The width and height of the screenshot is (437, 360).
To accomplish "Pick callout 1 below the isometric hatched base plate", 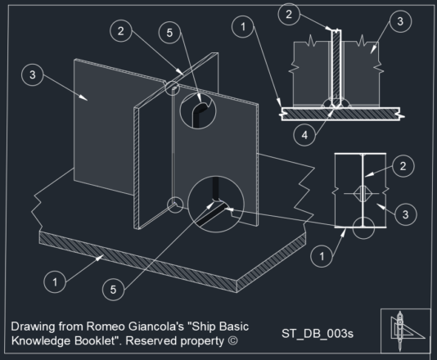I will point(54,281).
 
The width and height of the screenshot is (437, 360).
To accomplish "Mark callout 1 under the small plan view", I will point(324,256).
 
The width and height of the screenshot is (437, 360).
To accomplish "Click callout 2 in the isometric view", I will point(120,31).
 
